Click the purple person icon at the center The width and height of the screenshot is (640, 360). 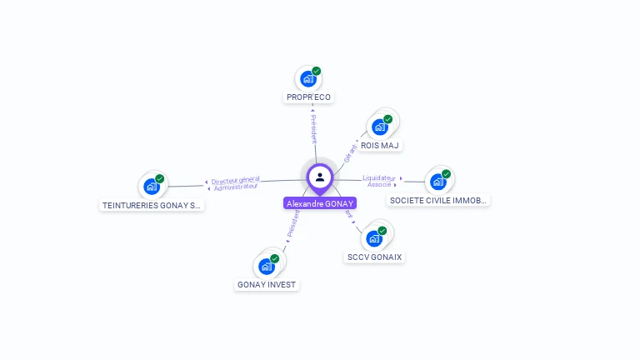320,177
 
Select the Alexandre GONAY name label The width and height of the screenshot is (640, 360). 320,203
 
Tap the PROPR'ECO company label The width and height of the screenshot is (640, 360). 308,97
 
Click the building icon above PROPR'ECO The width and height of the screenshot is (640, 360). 308,79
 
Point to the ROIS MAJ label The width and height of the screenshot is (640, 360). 380,146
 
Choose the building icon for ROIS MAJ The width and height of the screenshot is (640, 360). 380,127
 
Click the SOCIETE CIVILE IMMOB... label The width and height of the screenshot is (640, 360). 439,201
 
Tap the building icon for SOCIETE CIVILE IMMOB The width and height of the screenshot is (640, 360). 437,182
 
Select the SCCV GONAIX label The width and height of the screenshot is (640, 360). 375,257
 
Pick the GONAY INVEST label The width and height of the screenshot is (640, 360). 267,285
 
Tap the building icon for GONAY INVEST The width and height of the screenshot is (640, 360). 267,266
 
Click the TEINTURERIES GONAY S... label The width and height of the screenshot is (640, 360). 152,205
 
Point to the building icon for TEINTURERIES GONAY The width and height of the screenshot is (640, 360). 152,186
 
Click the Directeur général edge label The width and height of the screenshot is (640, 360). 235,180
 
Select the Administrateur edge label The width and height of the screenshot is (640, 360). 236,187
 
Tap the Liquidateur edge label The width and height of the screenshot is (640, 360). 379,177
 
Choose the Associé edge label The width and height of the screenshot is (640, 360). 379,184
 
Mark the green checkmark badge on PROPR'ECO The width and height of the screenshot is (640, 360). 317,71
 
